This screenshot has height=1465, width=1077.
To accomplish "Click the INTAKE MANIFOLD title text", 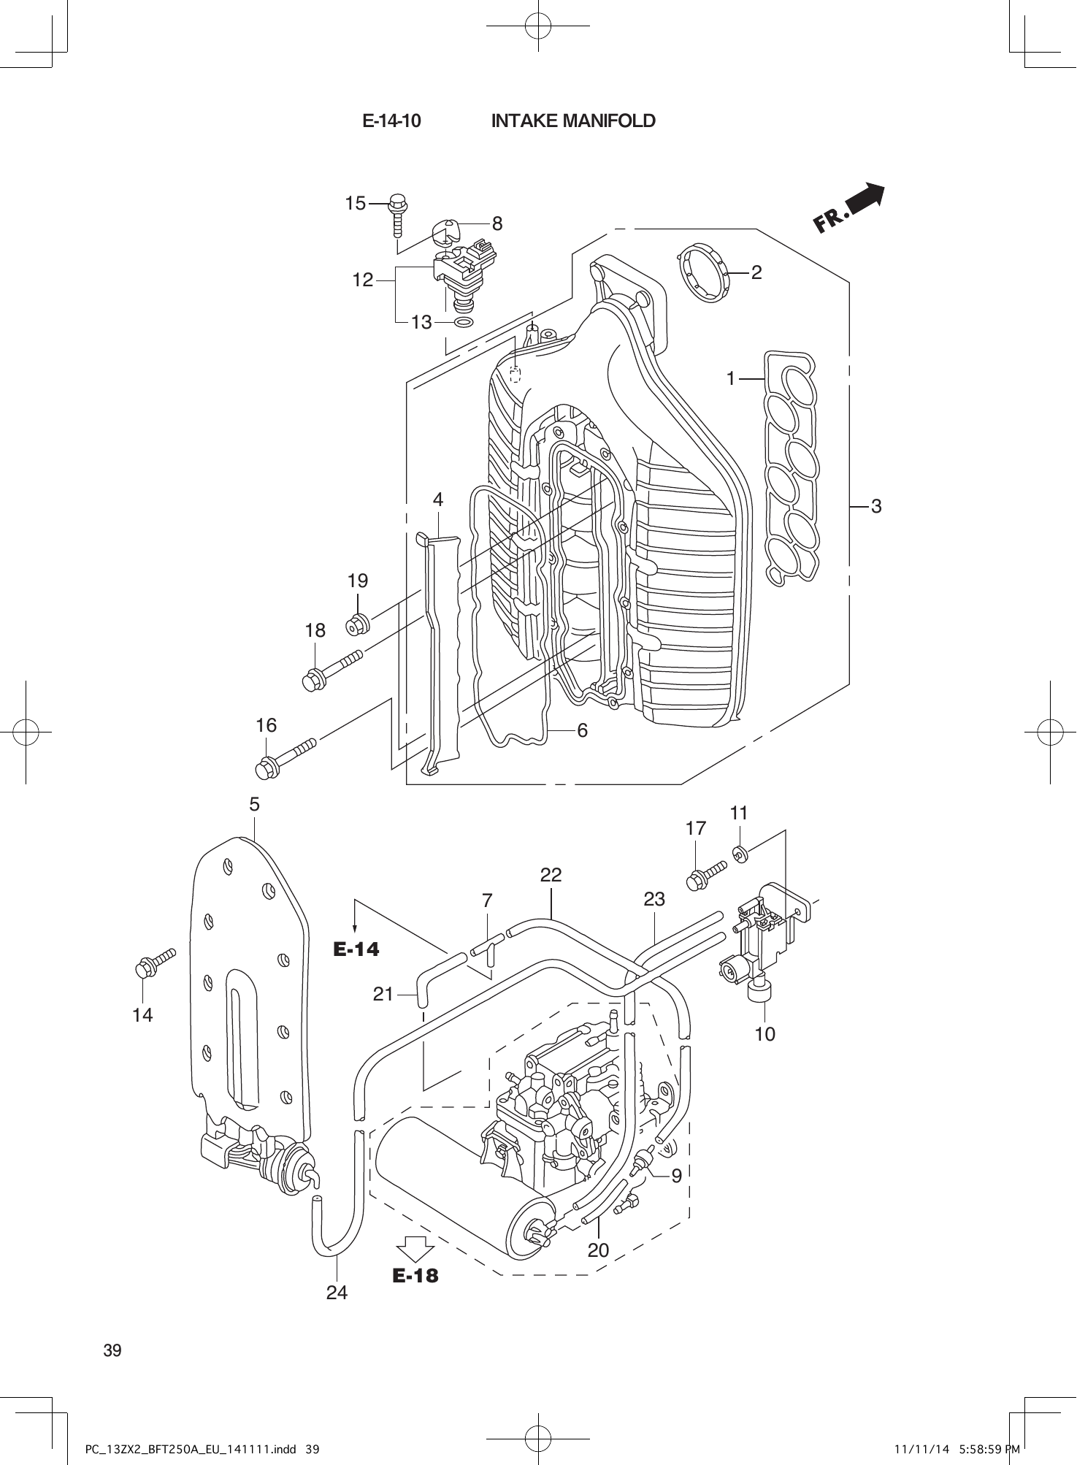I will pyautogui.click(x=573, y=121).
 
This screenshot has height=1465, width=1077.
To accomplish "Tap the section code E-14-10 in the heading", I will pyautogui.click(x=391, y=121).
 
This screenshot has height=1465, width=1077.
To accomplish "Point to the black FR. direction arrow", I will pyautogui.click(x=851, y=208).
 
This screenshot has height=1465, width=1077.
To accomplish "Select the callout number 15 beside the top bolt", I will pyautogui.click(x=355, y=204).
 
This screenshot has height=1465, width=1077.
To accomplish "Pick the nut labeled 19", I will pyautogui.click(x=359, y=624).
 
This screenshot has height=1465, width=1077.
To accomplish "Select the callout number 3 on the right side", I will pyautogui.click(x=876, y=505).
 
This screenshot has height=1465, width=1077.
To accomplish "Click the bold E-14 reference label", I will pyautogui.click(x=357, y=949).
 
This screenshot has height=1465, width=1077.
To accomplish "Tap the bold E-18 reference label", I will pyautogui.click(x=415, y=1275).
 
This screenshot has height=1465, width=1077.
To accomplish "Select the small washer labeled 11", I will pyautogui.click(x=739, y=852).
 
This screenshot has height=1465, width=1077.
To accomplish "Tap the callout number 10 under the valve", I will pyautogui.click(x=764, y=1033).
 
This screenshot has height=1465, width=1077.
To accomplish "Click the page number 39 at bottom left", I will pyautogui.click(x=112, y=1350).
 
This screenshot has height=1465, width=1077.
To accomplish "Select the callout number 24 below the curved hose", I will pyautogui.click(x=337, y=1293).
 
